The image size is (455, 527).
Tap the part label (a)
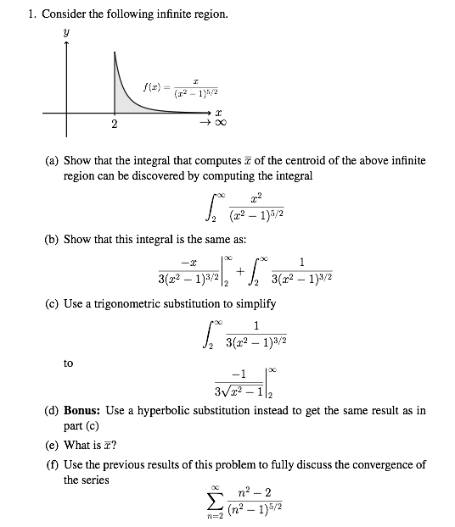[x=53, y=161]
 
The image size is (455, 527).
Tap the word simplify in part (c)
[x=253, y=303]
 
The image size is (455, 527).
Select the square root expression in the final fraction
[x=244, y=391]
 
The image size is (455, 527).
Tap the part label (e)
[x=53, y=445]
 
